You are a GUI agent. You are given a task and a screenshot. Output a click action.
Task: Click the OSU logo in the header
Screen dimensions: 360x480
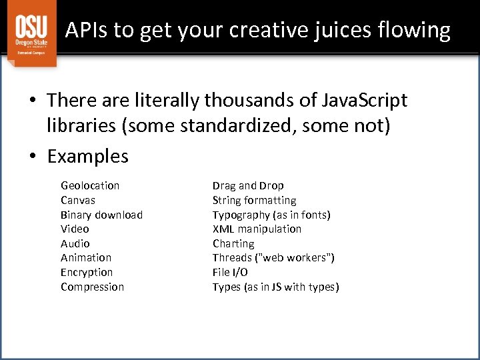point(31,34)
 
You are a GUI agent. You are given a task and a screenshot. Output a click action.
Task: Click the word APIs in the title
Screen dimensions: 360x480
point(87,30)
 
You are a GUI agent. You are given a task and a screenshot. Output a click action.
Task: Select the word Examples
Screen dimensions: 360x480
point(88,157)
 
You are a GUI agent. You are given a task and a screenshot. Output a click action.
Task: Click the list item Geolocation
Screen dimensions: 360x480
point(90,185)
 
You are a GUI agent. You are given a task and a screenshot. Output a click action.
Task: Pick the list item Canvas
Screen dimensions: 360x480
point(78,200)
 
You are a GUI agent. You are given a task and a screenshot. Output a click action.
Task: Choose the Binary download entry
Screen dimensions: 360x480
point(101,215)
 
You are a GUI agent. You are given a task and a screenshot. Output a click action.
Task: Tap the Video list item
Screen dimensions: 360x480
point(75,229)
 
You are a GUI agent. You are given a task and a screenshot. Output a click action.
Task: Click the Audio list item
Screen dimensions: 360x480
point(75,243)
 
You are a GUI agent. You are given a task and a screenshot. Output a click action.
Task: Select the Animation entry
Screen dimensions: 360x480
point(86,257)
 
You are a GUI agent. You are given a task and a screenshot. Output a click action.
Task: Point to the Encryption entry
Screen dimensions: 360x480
point(87,272)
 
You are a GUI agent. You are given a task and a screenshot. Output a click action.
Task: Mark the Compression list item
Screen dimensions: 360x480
point(92,287)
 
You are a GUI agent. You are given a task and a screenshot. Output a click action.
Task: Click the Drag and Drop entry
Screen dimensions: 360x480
point(248,185)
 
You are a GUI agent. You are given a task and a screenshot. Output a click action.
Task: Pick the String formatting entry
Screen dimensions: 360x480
point(255,200)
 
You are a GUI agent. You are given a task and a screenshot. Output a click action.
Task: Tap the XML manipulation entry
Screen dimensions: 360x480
point(257,229)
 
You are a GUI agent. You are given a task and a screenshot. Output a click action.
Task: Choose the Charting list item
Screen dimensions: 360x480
point(233,243)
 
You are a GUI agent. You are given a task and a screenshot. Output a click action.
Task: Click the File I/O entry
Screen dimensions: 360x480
point(230,272)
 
